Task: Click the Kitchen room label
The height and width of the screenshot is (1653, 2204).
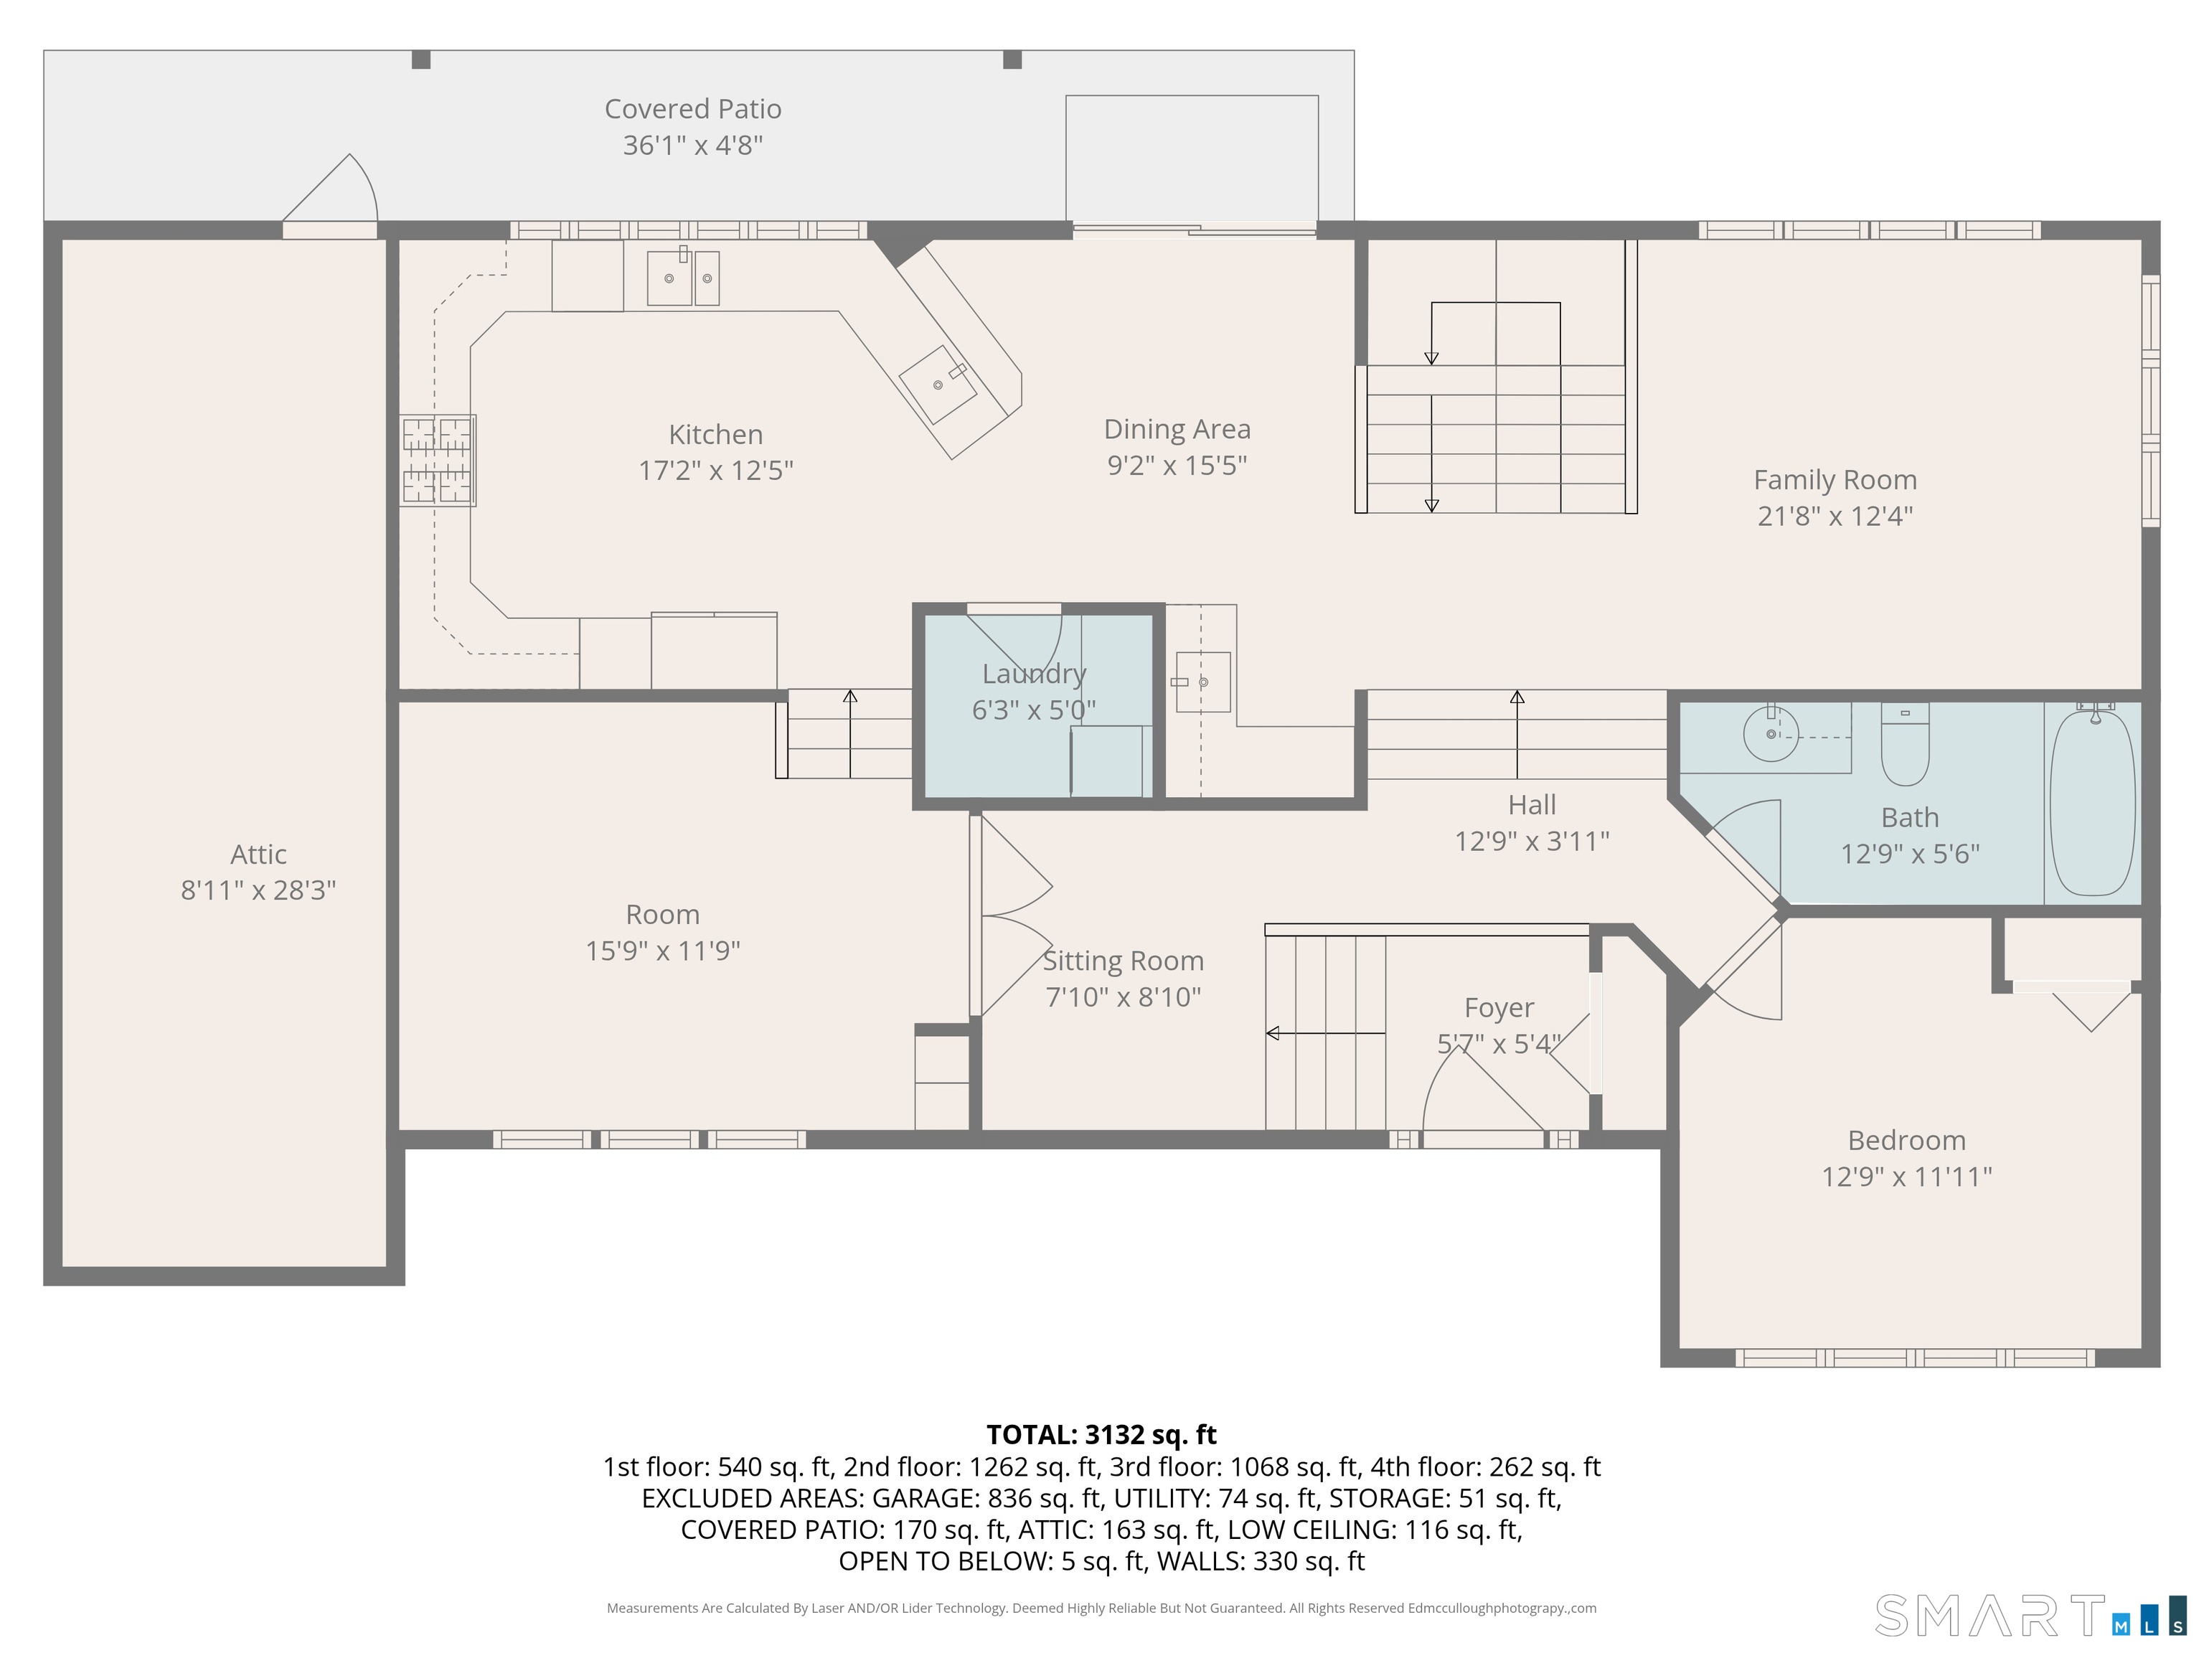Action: coord(715,435)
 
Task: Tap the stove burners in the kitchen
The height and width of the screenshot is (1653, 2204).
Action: coord(438,461)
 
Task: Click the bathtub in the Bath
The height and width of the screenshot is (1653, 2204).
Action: coord(2092,803)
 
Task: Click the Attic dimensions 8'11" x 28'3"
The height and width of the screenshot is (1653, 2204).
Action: coord(258,890)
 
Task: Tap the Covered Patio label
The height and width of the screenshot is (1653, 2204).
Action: coord(692,108)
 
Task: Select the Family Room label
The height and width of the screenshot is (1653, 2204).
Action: coord(1835,479)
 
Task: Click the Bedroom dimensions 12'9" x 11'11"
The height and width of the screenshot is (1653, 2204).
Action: coord(1907,1177)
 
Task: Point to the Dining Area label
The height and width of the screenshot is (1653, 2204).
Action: coord(1177,430)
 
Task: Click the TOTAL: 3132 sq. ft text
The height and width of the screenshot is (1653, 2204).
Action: coord(1101,1435)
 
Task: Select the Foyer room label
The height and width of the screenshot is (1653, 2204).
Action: coord(1499,1008)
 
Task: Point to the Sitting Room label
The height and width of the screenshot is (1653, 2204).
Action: coord(1123,961)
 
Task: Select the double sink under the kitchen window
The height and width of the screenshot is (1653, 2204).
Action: coord(684,277)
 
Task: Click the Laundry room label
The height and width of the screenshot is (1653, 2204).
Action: coord(1035,674)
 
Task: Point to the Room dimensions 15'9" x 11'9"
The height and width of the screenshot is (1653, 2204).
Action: coord(663,951)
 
